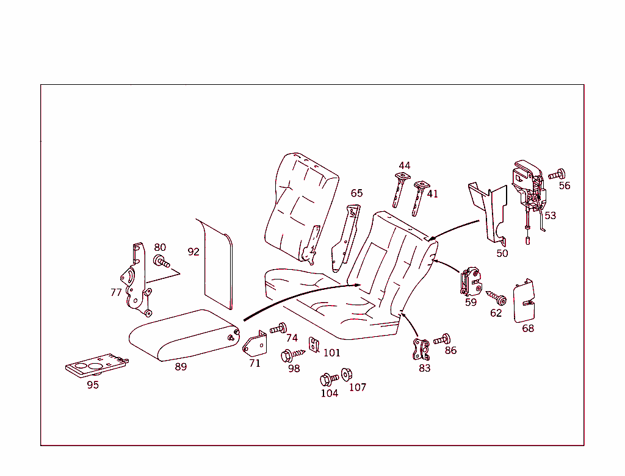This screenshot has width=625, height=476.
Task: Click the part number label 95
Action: point(93,385)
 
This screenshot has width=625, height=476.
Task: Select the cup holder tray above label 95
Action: point(96,366)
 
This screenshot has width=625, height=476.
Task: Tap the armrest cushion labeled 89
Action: point(183,336)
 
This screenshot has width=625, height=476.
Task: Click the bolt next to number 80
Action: point(162,263)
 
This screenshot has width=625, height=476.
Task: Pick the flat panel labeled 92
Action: point(217,262)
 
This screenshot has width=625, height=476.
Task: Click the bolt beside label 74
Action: point(278,328)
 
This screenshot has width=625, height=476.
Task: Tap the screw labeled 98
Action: point(292,355)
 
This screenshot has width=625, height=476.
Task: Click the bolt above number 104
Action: point(328,379)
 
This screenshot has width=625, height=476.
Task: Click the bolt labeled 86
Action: point(442,339)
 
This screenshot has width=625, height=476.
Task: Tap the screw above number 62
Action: point(496,298)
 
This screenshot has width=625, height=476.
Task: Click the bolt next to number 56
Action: point(557,175)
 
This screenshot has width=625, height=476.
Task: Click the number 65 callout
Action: point(356,193)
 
